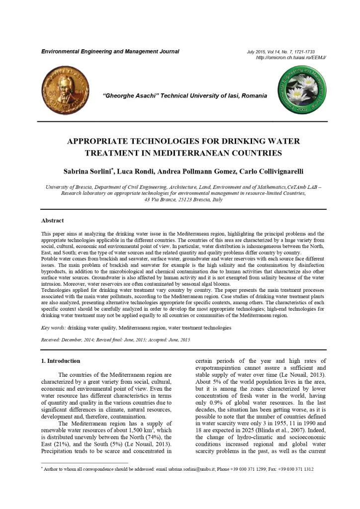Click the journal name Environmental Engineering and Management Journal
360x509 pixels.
click(x=110, y=52)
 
